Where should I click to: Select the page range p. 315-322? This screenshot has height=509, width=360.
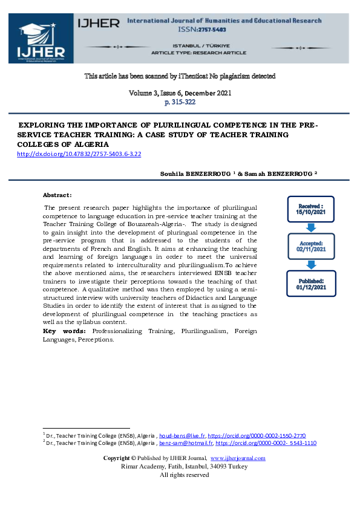click(x=180, y=102)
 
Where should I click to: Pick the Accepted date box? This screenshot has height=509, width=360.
click(x=311, y=245)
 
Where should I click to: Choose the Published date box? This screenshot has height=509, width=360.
click(x=311, y=284)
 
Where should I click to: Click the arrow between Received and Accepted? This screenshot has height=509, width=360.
click(x=311, y=227)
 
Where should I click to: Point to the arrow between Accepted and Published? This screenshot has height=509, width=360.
click(x=311, y=265)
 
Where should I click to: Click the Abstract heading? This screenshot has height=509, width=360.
click(x=57, y=195)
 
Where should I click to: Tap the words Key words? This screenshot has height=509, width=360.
click(x=64, y=331)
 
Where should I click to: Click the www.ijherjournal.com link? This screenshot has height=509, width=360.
click(x=237, y=458)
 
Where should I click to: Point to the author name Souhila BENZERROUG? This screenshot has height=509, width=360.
click(x=194, y=173)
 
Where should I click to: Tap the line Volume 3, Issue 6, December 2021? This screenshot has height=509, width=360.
click(x=180, y=93)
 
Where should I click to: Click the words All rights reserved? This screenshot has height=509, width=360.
click(x=184, y=475)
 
